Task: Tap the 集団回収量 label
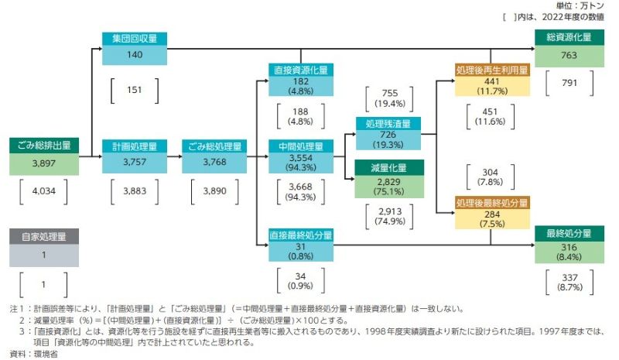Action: pos(135,39)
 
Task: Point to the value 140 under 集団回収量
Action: pos(135,55)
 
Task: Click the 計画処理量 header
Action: pos(135,145)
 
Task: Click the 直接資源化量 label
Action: pos(301,69)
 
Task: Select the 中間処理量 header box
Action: pos(301,145)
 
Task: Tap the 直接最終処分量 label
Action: pos(301,234)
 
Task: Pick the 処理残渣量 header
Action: pos(388,123)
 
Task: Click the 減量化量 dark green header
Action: pos(388,167)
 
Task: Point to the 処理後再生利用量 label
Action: pos(492,70)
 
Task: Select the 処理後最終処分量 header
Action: pos(492,203)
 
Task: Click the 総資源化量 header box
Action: pos(569,38)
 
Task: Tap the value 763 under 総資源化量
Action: pos(569,55)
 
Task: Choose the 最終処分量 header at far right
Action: pos(569,233)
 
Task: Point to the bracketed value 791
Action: pos(569,84)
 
